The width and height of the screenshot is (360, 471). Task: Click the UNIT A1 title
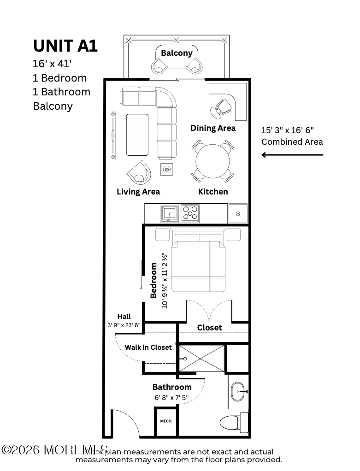tap(65, 46)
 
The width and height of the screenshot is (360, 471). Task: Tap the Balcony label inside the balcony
tap(177, 53)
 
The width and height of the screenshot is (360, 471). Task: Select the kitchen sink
tap(169, 214)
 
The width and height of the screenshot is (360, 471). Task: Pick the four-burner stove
tap(190, 214)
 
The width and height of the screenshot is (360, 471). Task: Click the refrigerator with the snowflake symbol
tap(238, 213)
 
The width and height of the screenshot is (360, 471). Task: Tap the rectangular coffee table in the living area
tap(137, 134)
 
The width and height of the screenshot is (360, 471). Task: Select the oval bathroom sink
tap(238, 391)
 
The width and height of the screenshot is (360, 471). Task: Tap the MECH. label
tap(166, 421)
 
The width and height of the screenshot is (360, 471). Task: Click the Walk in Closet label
tap(148, 347)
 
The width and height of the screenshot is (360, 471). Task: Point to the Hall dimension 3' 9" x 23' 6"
tap(124, 325)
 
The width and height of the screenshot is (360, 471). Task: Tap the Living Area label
tap(138, 191)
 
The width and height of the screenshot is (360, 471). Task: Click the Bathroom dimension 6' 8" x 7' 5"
tap(171, 397)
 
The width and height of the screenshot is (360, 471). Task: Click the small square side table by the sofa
tap(166, 170)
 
